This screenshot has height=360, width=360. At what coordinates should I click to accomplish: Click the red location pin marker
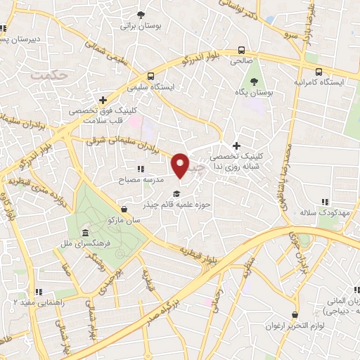181,165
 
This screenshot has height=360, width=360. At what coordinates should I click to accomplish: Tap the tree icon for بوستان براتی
141,15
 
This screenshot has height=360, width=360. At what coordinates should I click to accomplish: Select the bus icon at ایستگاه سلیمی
150,77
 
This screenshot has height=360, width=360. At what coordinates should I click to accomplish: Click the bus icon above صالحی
242,51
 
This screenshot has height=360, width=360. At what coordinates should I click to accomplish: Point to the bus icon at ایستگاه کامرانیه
319,71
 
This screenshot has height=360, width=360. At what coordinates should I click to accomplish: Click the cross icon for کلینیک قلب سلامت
104,100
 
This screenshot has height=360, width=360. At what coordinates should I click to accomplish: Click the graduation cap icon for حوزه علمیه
176,194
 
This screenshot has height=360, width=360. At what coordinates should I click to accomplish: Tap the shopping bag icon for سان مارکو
124,209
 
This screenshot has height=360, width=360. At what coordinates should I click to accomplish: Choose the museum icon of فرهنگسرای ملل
85,233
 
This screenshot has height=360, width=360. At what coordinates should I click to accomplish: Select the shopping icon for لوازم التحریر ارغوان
293,315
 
